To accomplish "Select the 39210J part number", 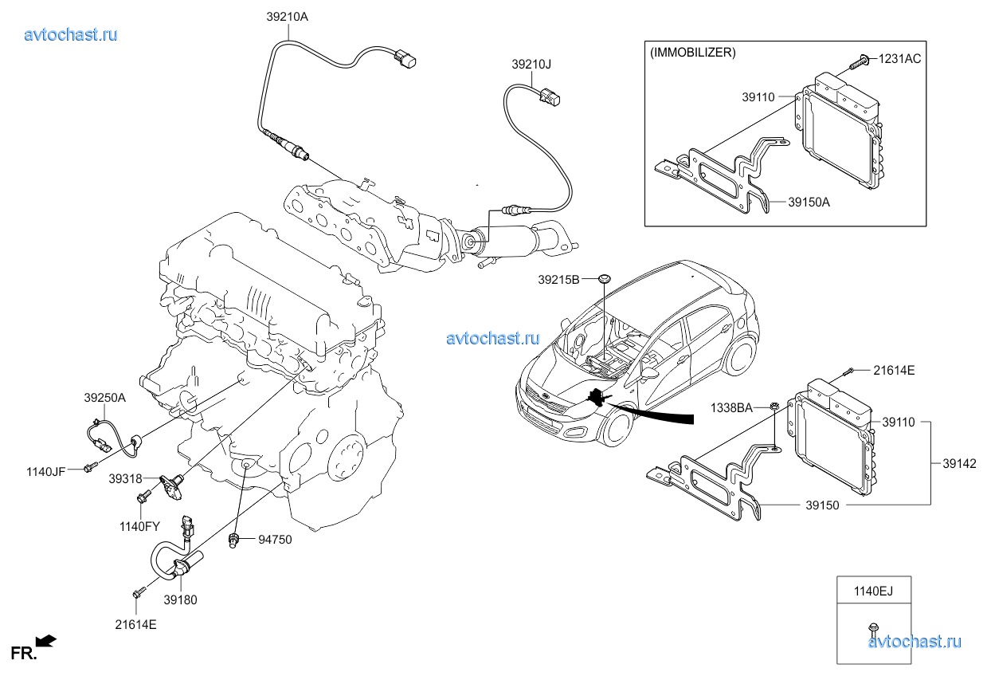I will pyautogui.click(x=531, y=63).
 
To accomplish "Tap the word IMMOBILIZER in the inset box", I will pyautogui.click(x=693, y=53).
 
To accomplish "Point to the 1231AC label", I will pyautogui.click(x=900, y=59).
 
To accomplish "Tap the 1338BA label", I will pyautogui.click(x=732, y=407).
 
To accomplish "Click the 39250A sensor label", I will pyautogui.click(x=105, y=396).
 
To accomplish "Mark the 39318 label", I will pyautogui.click(x=127, y=478).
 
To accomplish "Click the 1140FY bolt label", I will pyautogui.click(x=140, y=526).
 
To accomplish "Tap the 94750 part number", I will pyautogui.click(x=275, y=540).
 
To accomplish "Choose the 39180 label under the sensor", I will pyautogui.click(x=180, y=599).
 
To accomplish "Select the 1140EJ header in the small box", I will pyautogui.click(x=874, y=591).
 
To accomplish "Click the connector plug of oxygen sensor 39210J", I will pyautogui.click(x=549, y=97).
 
